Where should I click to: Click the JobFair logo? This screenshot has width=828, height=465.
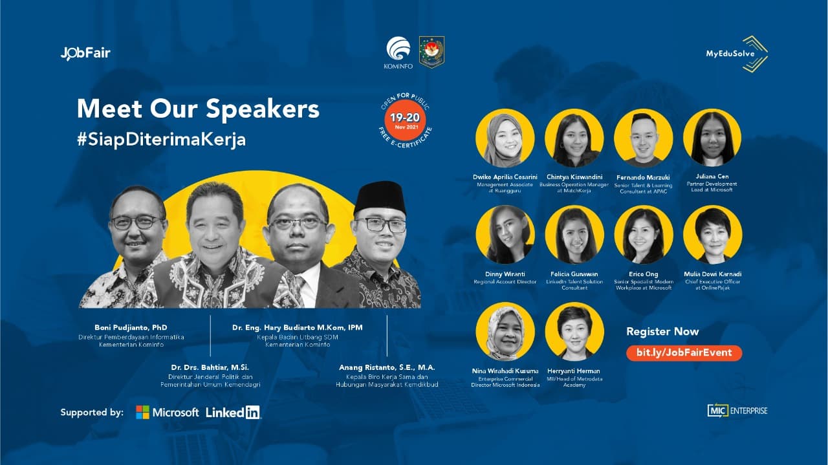coord(85,53)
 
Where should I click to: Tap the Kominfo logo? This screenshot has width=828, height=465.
coord(398,52)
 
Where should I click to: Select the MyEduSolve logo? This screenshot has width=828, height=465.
coord(737,54)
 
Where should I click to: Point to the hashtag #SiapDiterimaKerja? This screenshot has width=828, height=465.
coord(161,140)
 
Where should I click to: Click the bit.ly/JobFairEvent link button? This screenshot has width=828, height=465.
coord(684,352)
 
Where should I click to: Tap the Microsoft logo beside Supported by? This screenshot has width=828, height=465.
coord(168,412)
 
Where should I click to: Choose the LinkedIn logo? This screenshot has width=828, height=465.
coord(233,412)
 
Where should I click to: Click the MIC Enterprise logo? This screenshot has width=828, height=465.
coord(737,410)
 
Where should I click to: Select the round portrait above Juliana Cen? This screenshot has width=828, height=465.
coord(712,138)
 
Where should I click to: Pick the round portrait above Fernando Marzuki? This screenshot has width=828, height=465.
coord(643,138)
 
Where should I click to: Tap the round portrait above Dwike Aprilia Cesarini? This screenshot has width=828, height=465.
coord(505,138)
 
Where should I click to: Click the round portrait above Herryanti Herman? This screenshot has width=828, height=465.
coord(574,332)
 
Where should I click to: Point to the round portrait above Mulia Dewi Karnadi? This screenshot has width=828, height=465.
coord(712,235)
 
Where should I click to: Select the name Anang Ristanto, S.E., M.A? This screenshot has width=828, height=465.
coord(387,367)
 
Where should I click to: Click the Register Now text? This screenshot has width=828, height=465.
coord(662,331)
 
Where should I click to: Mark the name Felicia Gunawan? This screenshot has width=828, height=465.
coord(574,274)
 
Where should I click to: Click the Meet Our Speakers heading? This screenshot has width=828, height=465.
coord(198,109)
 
